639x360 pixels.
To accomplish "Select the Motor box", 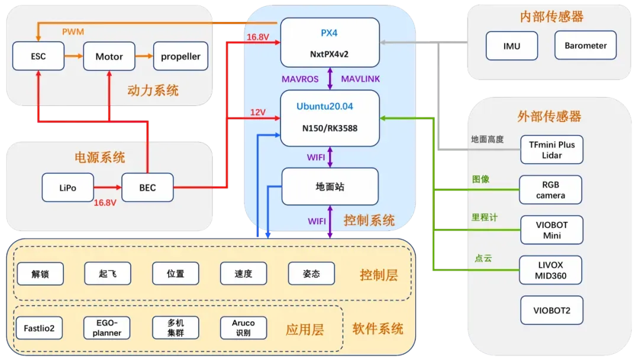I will [x=109, y=56].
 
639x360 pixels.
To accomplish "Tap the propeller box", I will [x=180, y=56].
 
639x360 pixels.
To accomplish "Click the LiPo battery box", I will [x=67, y=188].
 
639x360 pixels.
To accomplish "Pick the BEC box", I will [x=147, y=188].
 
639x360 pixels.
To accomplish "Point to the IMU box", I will [x=512, y=46].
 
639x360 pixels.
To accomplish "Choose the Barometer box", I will [x=585, y=46].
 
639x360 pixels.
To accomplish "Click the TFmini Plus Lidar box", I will [x=551, y=150].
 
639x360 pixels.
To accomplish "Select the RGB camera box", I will [x=550, y=189].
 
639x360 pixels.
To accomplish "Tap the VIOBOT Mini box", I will [x=551, y=230].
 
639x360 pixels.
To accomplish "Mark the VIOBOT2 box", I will [x=551, y=310].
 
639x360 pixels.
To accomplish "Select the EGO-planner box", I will [x=107, y=328].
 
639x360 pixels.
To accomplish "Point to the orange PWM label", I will [x=73, y=31].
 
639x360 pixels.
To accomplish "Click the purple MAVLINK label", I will [x=361, y=79].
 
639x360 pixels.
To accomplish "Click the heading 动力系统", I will [x=153, y=91].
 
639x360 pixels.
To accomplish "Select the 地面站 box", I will [x=330, y=187].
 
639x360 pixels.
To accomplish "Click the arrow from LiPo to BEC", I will [x=107, y=188].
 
